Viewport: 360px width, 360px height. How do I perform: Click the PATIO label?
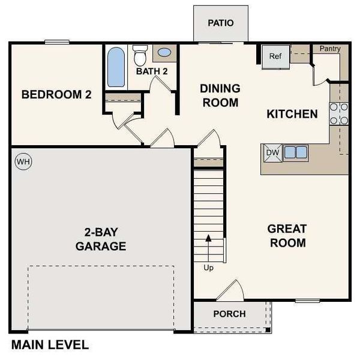(220, 23)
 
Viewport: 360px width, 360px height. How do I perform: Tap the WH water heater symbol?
(23, 161)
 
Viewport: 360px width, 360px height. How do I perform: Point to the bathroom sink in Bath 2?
(164, 53)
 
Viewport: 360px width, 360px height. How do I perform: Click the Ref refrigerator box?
(275, 56)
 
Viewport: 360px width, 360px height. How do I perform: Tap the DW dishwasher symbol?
(272, 152)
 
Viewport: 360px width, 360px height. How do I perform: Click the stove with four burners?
(339, 113)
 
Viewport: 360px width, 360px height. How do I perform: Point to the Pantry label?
(330, 48)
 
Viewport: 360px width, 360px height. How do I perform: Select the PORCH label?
(229, 314)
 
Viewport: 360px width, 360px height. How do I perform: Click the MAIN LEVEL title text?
(50, 345)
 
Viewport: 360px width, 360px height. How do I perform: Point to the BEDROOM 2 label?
(56, 94)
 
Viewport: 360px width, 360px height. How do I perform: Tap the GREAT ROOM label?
(287, 236)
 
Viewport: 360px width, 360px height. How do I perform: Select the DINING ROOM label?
(220, 95)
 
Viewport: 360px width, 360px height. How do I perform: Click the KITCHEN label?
(292, 113)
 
